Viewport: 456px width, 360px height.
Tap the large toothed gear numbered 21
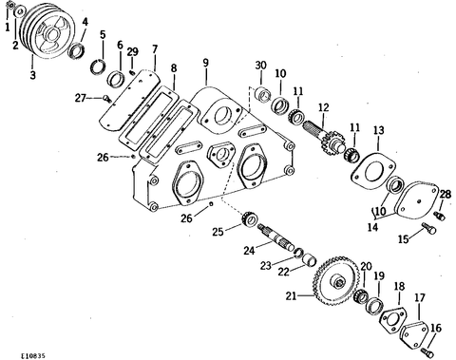[336, 283]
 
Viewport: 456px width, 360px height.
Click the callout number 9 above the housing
[206, 63]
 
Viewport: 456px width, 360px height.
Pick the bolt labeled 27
[107, 99]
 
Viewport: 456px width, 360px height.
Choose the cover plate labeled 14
[415, 201]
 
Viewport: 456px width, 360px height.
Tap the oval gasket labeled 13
[373, 171]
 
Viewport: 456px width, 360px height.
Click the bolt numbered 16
[427, 352]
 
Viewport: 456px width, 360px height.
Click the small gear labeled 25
[250, 219]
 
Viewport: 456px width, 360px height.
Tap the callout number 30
[261, 66]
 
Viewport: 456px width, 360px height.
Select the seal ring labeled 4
[77, 51]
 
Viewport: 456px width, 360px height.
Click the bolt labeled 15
[429, 228]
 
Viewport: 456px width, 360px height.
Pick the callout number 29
[133, 52]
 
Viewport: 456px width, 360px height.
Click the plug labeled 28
[441, 216]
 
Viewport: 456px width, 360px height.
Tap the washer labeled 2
[20, 11]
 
